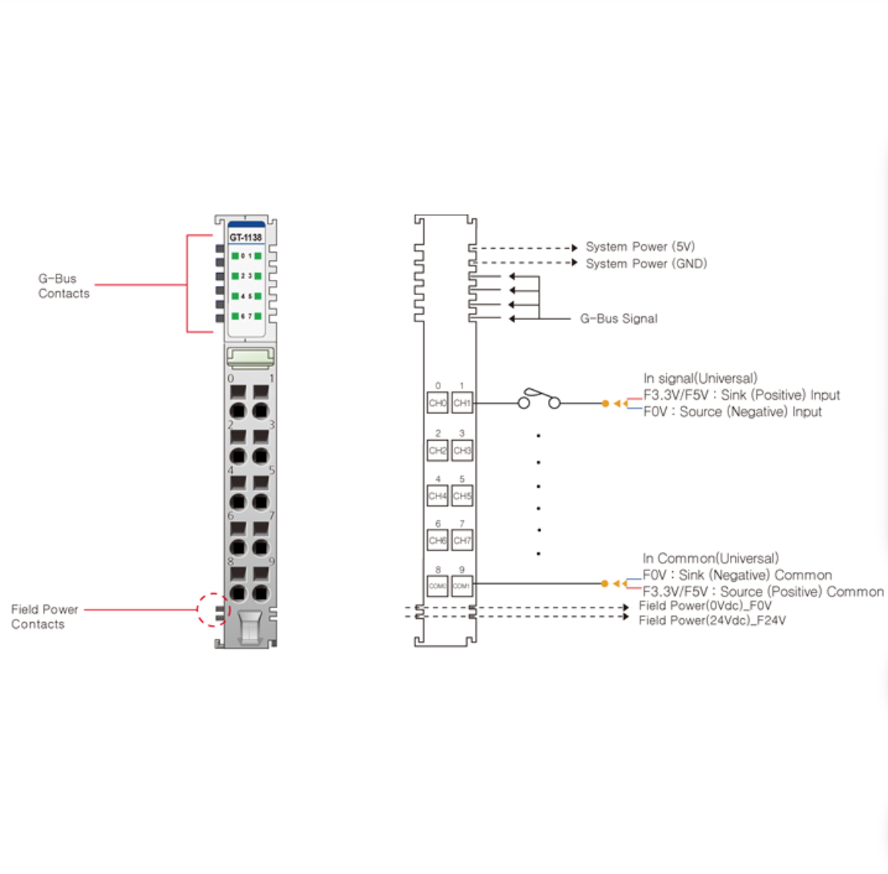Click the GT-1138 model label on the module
pyautogui.click(x=245, y=237)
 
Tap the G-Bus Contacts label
pyautogui.click(x=64, y=286)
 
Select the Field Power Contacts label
pyautogui.click(x=45, y=617)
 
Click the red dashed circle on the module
pyautogui.click(x=214, y=610)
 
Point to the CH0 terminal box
pyautogui.click(x=437, y=403)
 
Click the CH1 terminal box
pyautogui.click(x=462, y=403)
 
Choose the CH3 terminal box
pyautogui.click(x=462, y=450)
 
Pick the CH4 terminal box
pyautogui.click(x=437, y=496)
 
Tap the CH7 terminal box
pyautogui.click(x=462, y=540)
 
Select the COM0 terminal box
pyautogui.click(x=437, y=586)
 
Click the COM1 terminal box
pyautogui.click(x=462, y=586)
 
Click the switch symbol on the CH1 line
pyautogui.click(x=539, y=400)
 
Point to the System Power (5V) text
pyautogui.click(x=640, y=247)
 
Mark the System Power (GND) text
pyautogui.click(x=646, y=264)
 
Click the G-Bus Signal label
pyautogui.click(x=618, y=318)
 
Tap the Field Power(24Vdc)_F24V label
pyautogui.click(x=712, y=620)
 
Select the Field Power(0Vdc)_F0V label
pyautogui.click(x=705, y=606)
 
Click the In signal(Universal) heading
pyautogui.click(x=700, y=378)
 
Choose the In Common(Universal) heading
pyautogui.click(x=710, y=558)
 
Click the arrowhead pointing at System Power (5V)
pyautogui.click(x=574, y=248)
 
